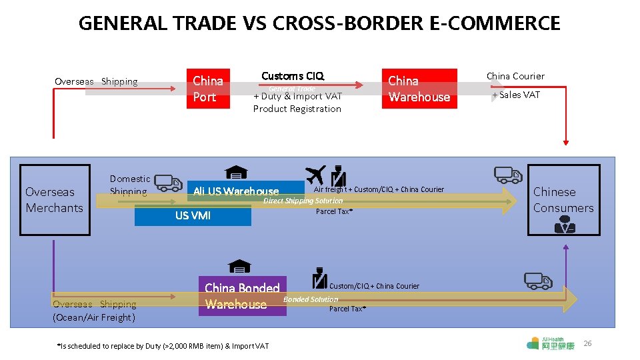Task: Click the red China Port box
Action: pyautogui.click(x=209, y=89)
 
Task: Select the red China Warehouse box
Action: pyautogui.click(x=419, y=89)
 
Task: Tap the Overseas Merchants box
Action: pyautogui.click(x=55, y=200)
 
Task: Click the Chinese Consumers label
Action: pyautogui.click(x=563, y=200)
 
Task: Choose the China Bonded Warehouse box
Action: pyautogui.click(x=243, y=296)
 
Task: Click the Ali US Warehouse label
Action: pyautogui.click(x=236, y=192)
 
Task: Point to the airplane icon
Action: pyautogui.click(x=316, y=175)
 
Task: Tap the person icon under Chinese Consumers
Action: pyautogui.click(x=565, y=225)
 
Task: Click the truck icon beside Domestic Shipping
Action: pyautogui.click(x=168, y=183)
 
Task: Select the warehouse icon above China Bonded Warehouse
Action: pyautogui.click(x=239, y=267)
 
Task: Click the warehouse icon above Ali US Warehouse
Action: pyautogui.click(x=235, y=173)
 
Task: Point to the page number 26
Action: pyautogui.click(x=587, y=343)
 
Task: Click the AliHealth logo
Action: pyautogui.click(x=550, y=343)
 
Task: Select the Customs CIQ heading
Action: pyautogui.click(x=293, y=76)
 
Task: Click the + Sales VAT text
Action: pyautogui.click(x=516, y=95)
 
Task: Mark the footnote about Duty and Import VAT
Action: pyautogui.click(x=163, y=345)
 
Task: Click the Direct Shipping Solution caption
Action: pyautogui.click(x=303, y=201)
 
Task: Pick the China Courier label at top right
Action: pyautogui.click(x=515, y=76)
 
